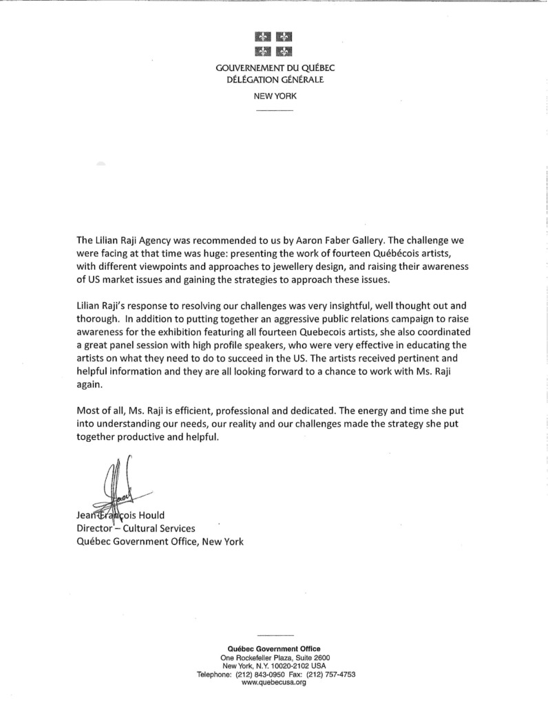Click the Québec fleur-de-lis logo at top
[274, 43]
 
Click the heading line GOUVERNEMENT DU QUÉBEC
[274, 69]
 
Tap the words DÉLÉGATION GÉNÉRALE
[274, 80]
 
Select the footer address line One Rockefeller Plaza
[274, 658]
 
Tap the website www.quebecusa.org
[274, 682]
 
